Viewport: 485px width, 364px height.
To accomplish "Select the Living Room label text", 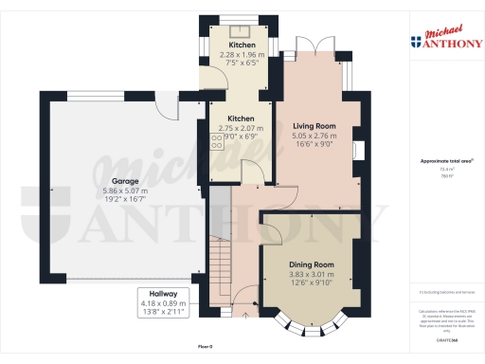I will pyautogui.click(x=315, y=125).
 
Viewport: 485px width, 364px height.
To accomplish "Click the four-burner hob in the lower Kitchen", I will pyautogui.click(x=216, y=142).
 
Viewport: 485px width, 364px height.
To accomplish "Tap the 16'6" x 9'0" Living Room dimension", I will pyautogui.click(x=315, y=145).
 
